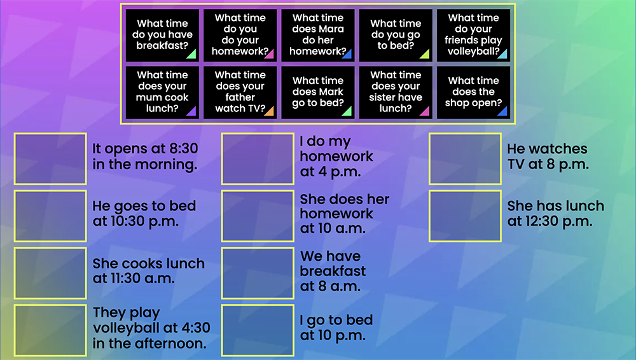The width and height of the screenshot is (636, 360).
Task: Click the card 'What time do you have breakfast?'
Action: coord(162,35)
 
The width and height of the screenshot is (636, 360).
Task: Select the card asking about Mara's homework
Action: coord(318,35)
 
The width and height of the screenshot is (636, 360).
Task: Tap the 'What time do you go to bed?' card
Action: coord(396,35)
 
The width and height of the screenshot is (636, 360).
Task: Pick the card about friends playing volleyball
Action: coord(473,35)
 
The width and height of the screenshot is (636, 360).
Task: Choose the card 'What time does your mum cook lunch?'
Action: coord(162,92)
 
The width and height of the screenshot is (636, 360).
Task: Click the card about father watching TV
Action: coord(240,92)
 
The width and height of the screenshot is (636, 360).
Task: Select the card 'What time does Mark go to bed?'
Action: coord(318,92)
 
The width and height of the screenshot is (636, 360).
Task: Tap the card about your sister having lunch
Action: coord(396,92)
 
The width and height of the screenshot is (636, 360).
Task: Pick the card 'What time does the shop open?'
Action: coord(473,92)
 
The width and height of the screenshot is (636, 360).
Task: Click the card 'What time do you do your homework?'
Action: coord(240,35)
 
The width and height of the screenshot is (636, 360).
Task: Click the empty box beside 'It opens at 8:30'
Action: coord(50,158)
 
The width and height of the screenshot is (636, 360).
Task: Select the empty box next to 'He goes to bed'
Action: coord(50,216)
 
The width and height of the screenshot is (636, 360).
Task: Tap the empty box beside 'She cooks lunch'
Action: coord(50,273)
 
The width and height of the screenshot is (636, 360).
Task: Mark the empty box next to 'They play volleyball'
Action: coord(50,330)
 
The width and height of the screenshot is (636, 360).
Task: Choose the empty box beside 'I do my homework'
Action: coord(258,158)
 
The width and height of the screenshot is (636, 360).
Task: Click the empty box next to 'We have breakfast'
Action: coord(258,273)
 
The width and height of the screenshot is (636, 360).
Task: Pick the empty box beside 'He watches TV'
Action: coord(466,158)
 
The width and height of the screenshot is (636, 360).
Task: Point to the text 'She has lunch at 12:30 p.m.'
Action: coord(556,214)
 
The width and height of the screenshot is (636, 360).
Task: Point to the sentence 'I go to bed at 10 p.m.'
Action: coord(336,328)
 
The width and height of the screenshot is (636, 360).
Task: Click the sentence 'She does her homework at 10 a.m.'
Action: coord(344,214)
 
